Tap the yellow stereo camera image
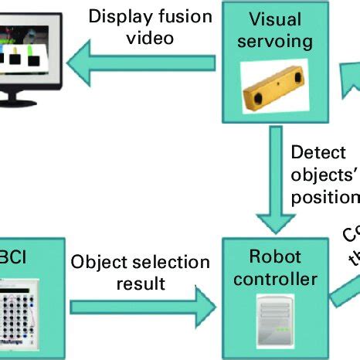[x=275, y=84]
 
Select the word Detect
[x=318, y=154]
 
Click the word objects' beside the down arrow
[x=325, y=175]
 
